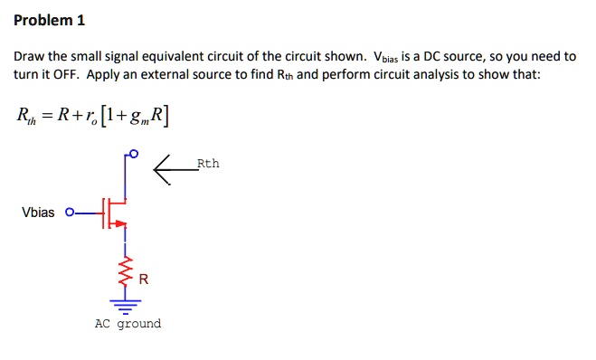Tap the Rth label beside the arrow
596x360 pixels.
[x=208, y=164]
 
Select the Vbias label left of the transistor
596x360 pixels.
[x=38, y=213]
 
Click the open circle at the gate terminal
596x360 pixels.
[x=69, y=213]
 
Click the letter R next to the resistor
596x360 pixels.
[x=144, y=280]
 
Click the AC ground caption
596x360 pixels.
[x=128, y=324]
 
